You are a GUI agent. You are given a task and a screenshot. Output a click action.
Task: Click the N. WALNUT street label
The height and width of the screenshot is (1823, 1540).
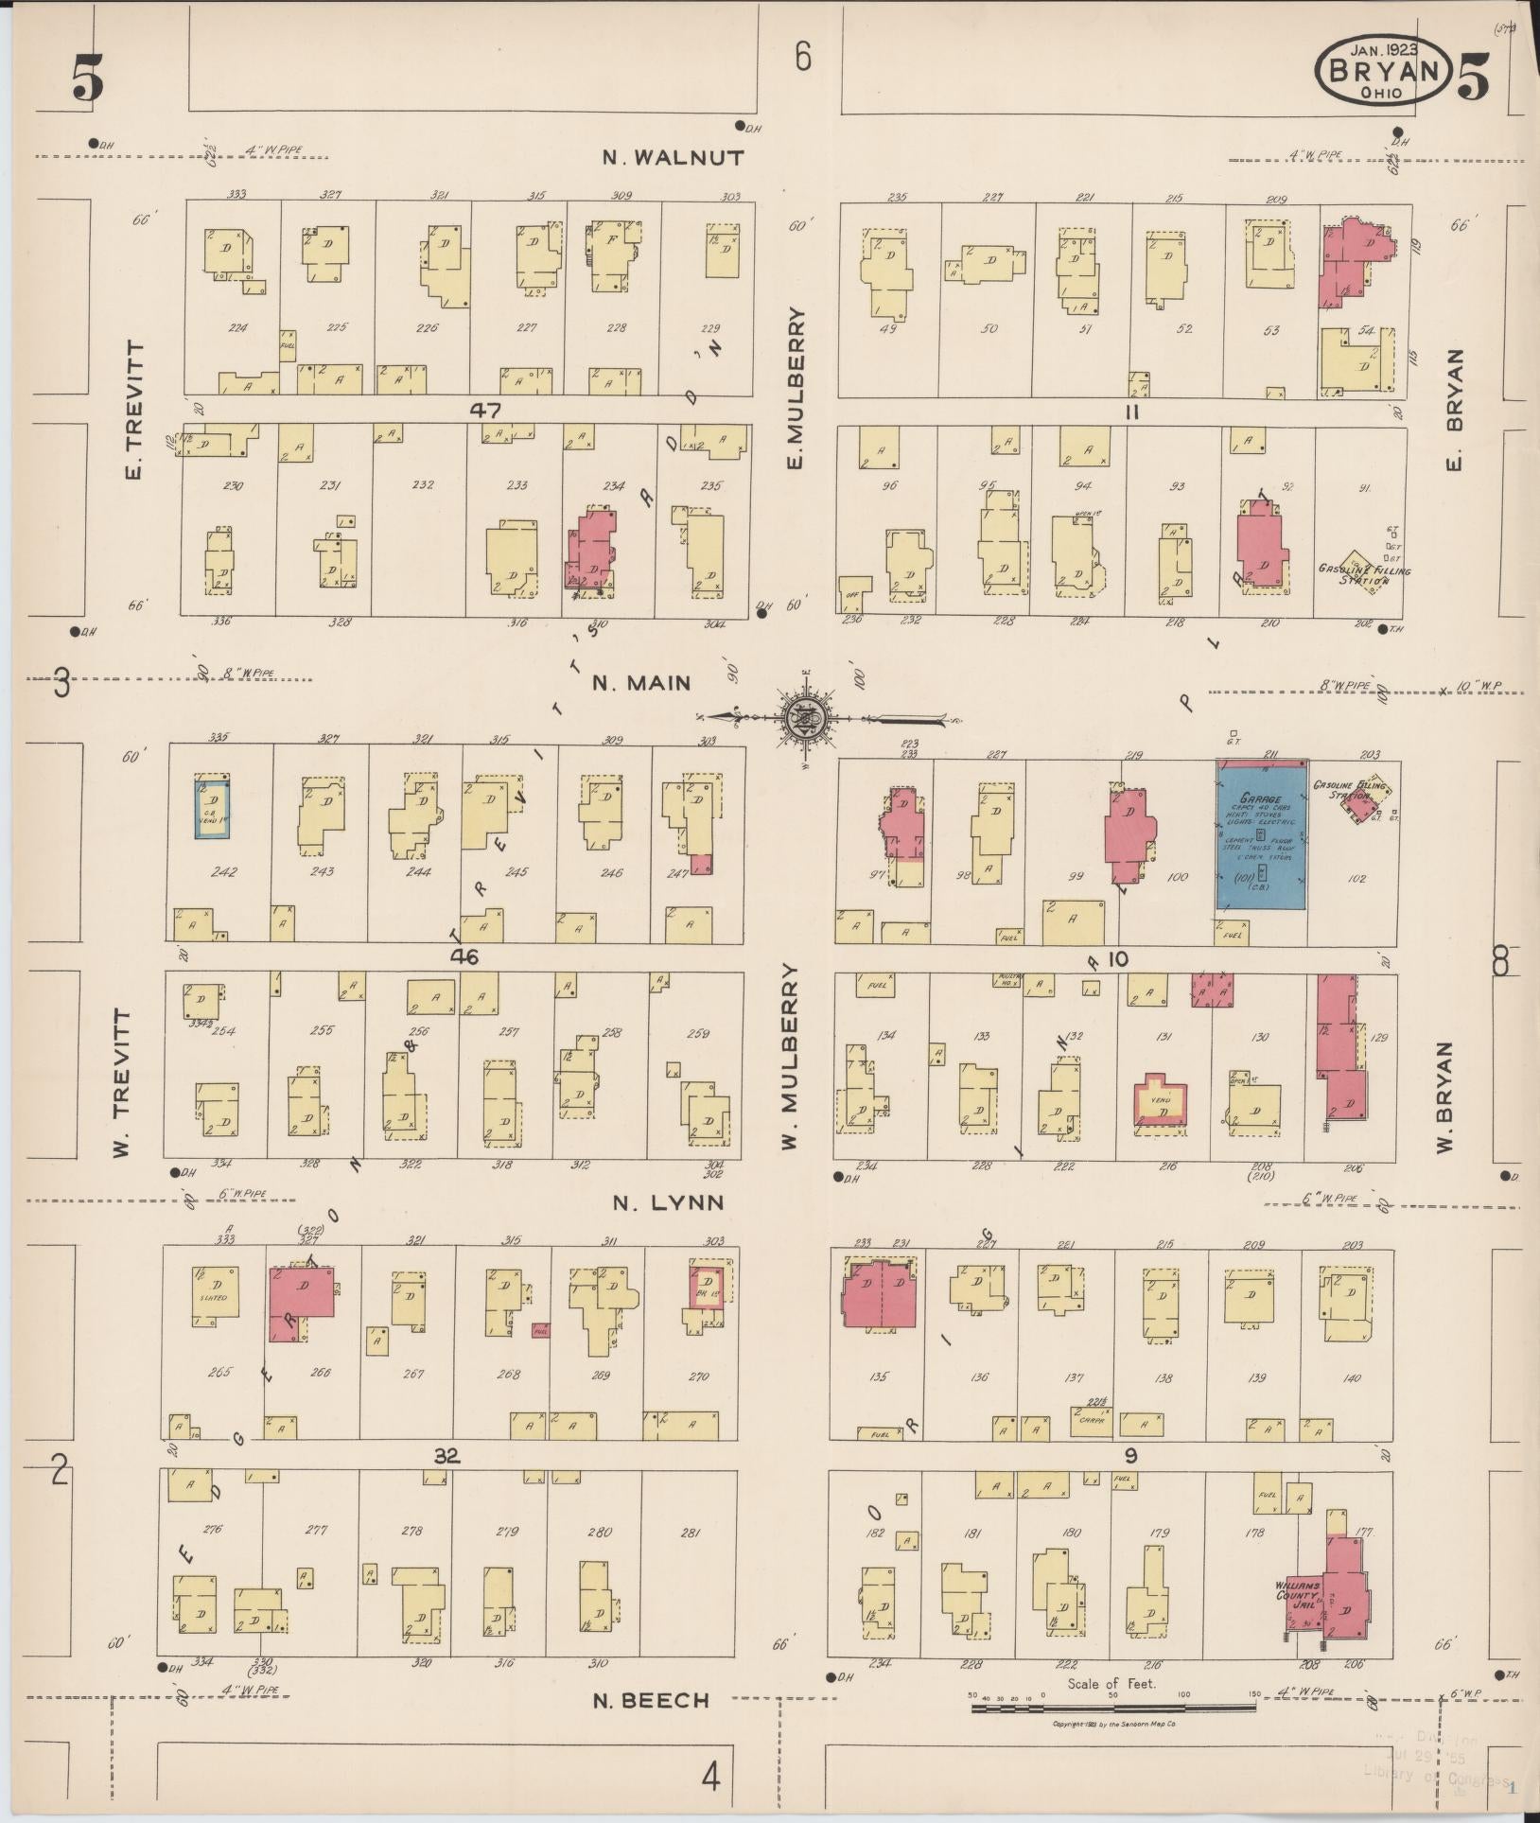[x=674, y=158]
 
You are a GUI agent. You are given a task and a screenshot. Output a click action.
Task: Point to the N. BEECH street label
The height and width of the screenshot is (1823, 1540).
[x=651, y=1700]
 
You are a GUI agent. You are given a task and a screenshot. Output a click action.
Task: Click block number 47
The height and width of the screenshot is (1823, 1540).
[x=489, y=410]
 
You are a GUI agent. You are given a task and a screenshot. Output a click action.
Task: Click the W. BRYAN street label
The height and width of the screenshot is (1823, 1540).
[x=1444, y=1097]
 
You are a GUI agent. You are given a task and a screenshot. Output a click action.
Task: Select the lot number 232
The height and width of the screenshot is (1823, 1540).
[x=423, y=485]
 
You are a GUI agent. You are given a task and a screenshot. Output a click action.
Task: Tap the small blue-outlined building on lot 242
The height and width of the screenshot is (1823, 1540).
[x=212, y=807]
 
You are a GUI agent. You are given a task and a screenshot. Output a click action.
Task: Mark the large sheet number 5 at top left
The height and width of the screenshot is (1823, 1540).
[x=86, y=79]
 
